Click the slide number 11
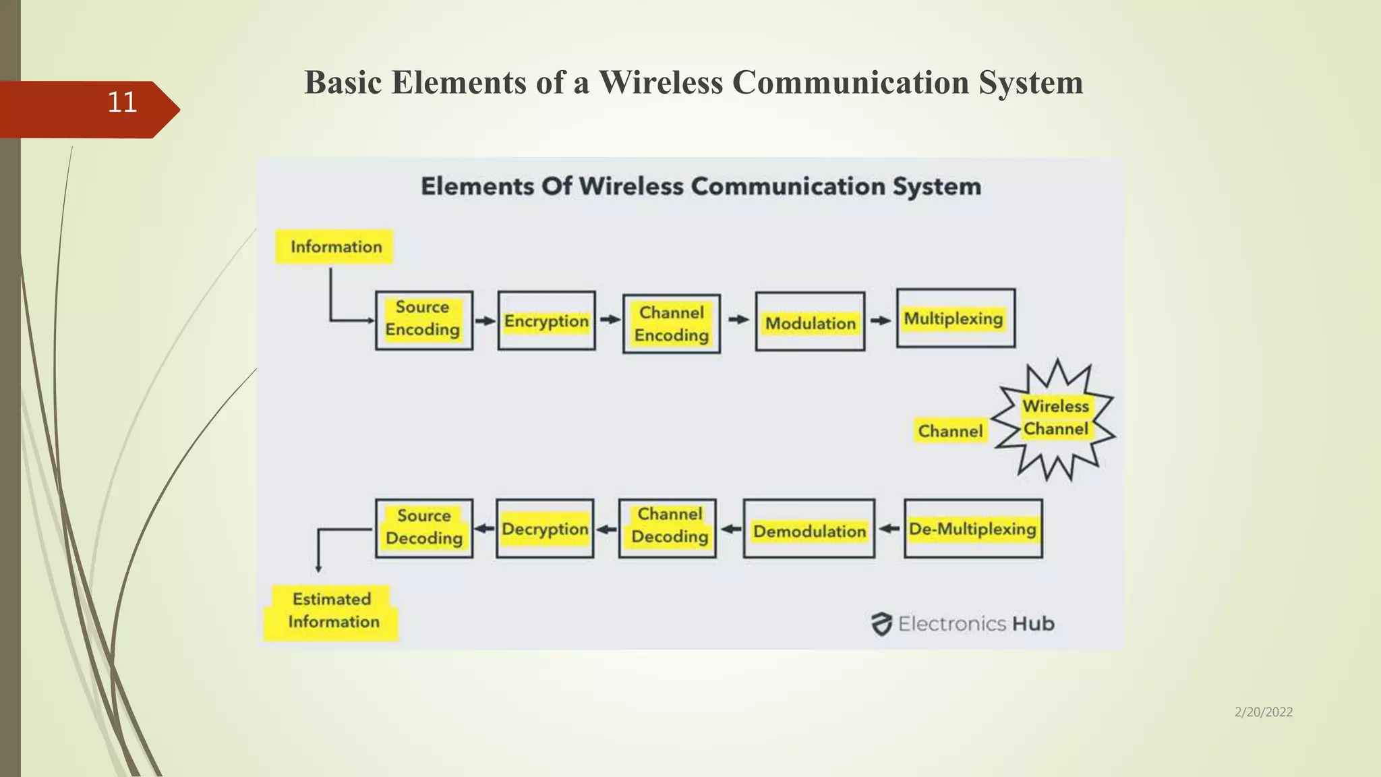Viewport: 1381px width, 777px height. [x=122, y=103]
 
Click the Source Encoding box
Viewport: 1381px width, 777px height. [x=423, y=320]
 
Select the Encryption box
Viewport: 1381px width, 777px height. [x=546, y=320]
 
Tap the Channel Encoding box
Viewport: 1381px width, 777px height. [x=671, y=324]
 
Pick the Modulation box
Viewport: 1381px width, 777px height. [x=810, y=322]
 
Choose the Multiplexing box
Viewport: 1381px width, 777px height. [x=955, y=318]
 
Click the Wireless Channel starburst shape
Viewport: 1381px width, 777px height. [x=1055, y=419]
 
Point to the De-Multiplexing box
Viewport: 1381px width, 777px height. [x=972, y=528]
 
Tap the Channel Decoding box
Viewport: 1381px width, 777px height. [x=667, y=527]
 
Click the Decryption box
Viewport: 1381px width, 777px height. [x=545, y=528]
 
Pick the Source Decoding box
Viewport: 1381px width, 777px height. [x=423, y=527]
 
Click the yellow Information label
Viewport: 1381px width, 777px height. [x=334, y=247]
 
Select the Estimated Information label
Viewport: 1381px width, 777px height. [x=332, y=611]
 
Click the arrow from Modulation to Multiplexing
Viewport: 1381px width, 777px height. [x=881, y=320]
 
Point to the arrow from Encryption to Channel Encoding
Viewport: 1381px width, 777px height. [x=610, y=320]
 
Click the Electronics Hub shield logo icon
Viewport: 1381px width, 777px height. [x=881, y=624]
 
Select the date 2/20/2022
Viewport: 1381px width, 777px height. [x=1263, y=712]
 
